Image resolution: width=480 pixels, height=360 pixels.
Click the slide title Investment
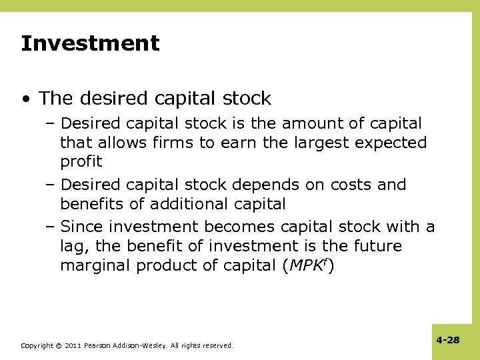[90, 44]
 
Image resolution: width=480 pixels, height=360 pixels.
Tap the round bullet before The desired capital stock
[25, 99]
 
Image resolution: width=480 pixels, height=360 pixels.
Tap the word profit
[81, 161]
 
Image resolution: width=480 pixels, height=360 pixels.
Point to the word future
[377, 246]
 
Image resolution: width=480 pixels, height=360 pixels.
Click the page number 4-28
[448, 340]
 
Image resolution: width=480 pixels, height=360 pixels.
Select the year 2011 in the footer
[74, 346]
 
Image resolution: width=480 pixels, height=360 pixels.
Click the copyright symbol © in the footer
[59, 346]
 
